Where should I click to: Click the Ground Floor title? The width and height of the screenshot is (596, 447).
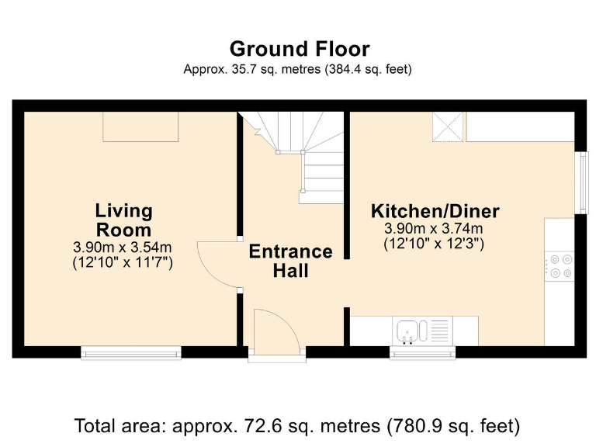300,49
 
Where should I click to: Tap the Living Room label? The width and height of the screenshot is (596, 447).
123,220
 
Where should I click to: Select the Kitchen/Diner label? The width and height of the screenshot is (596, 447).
435,211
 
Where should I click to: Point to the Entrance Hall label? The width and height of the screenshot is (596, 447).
290,261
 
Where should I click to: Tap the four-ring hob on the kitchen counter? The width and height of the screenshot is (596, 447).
560,265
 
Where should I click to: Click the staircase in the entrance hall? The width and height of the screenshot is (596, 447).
310,155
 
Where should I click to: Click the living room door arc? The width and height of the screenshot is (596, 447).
217,265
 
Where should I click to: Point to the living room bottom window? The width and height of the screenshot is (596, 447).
131,353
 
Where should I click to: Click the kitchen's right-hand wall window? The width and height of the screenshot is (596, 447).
580,182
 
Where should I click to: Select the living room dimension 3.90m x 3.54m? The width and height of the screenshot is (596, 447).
123,248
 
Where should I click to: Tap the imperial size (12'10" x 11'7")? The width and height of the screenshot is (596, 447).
123,262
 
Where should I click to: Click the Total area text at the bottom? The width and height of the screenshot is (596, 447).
297,425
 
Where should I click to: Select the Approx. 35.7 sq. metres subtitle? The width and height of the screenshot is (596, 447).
297,69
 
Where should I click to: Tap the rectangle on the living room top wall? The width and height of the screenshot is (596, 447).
141,126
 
